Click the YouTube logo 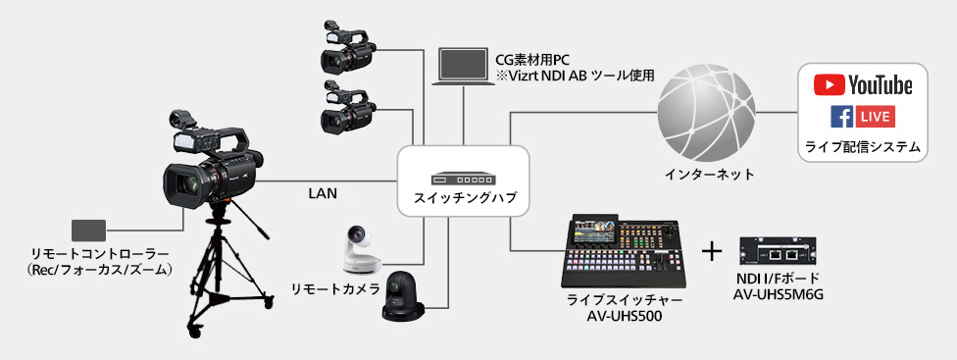click(863, 85)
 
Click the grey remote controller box click(89, 231)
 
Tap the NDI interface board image click(781, 251)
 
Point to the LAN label click(322, 194)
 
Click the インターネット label click(708, 175)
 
